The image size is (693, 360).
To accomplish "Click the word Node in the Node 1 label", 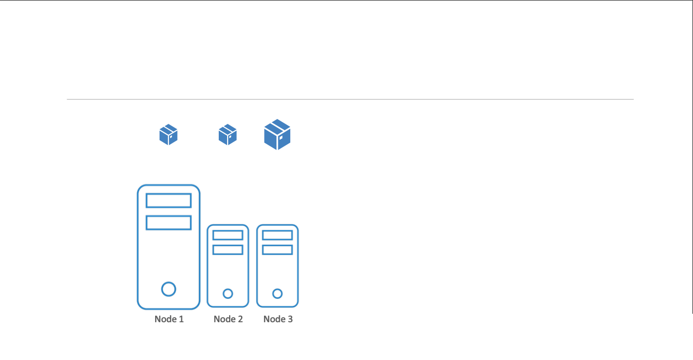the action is coord(164,319).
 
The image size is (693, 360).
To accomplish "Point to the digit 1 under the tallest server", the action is coord(181,319).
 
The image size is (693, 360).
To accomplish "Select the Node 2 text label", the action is coord(228,319).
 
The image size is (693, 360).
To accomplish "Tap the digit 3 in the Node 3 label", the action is coord(290,319).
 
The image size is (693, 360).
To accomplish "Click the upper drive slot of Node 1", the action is coord(169,200).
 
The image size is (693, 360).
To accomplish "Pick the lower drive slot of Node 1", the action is coord(169,223).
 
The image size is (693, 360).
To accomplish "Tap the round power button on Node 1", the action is coord(169,289).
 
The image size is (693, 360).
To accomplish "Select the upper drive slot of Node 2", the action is coord(228,235).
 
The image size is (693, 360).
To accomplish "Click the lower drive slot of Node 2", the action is coord(228,250).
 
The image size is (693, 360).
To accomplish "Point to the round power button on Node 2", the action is coord(228,293).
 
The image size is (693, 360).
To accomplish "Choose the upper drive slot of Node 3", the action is coord(277,235).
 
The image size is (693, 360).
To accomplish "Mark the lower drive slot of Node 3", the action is coord(277,250).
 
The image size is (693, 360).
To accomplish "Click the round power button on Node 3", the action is coord(277,293).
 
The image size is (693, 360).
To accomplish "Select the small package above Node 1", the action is coord(169,135).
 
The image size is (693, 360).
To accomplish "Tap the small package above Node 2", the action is coord(228,135).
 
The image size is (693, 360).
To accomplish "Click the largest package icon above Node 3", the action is coord(277,135).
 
